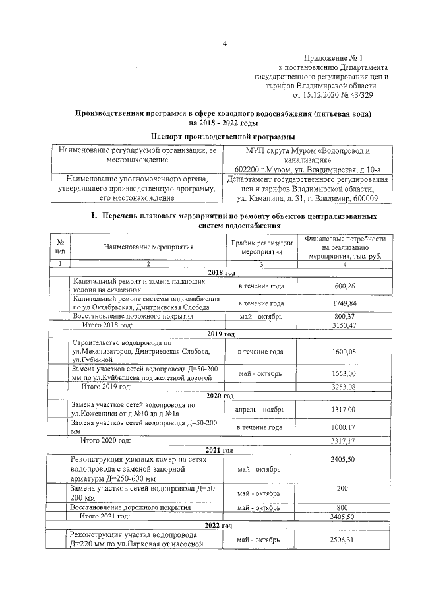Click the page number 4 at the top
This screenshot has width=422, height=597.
[224, 44]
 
